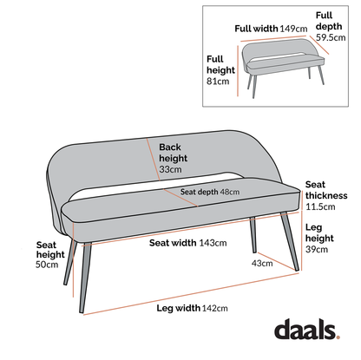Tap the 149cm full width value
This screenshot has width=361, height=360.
(x=291, y=27)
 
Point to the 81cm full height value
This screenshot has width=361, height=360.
(x=218, y=82)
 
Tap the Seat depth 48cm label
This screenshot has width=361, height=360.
(x=210, y=192)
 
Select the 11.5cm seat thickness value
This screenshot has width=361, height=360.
(x=320, y=206)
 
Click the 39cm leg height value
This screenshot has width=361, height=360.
(x=318, y=249)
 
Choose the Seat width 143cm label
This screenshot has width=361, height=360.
(x=183, y=244)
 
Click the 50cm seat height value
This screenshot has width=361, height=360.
(x=47, y=265)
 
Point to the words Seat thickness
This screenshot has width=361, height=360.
(x=325, y=190)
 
